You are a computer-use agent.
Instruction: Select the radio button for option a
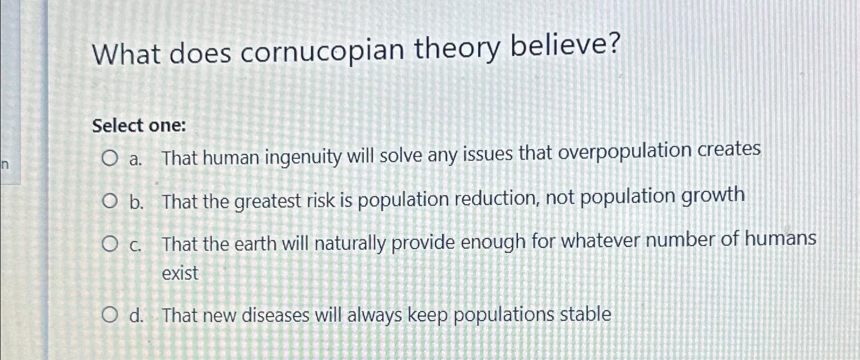[108, 159]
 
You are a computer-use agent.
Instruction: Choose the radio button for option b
[108, 203]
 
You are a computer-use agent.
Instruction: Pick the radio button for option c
[108, 245]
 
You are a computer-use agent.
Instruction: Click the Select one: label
[139, 126]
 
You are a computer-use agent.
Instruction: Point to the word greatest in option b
[267, 202]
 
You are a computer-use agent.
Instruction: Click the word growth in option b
[713, 196]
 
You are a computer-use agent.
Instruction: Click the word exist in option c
[180, 274]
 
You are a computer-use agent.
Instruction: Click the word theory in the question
[456, 50]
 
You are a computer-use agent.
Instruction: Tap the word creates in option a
[729, 150]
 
